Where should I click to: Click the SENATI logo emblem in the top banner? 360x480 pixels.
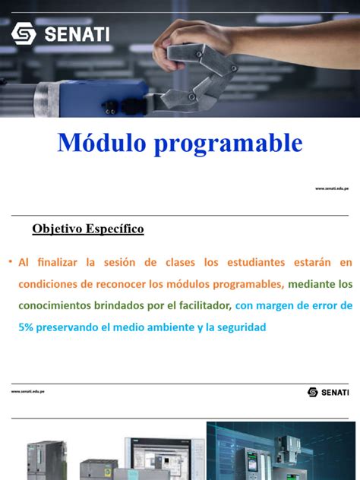pos(24,33)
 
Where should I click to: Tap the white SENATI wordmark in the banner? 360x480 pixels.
pos(77,34)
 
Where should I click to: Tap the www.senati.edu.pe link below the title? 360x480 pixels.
pos(332,188)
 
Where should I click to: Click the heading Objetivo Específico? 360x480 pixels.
pos(88,229)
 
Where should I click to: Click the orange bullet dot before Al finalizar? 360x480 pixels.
pos(11,263)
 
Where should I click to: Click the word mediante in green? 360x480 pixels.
pos(312,285)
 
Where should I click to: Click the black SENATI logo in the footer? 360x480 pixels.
pos(328,392)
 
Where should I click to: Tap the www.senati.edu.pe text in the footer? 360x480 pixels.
pos(28,391)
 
